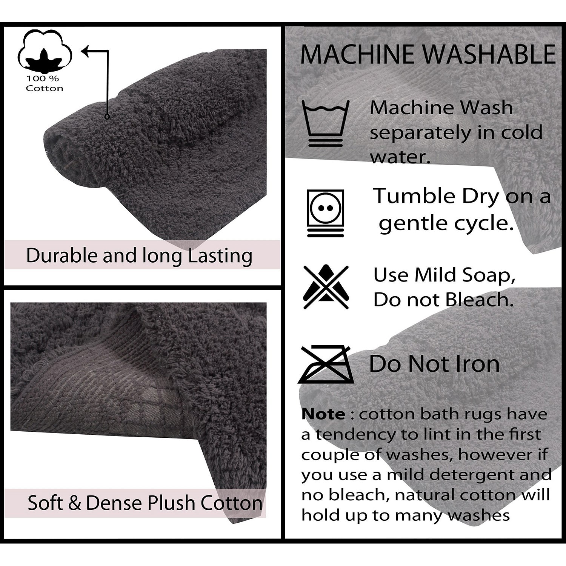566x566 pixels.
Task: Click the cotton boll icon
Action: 45,51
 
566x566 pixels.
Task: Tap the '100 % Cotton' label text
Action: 45,83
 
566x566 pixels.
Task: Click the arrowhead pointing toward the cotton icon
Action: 86,51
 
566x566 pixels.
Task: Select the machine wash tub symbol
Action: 326,123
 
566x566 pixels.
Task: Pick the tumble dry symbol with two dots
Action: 326,213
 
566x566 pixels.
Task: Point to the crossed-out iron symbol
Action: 326,364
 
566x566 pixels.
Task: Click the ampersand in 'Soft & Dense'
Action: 75,503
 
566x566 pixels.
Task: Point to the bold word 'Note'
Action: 323,414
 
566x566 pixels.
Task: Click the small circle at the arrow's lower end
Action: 107,117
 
